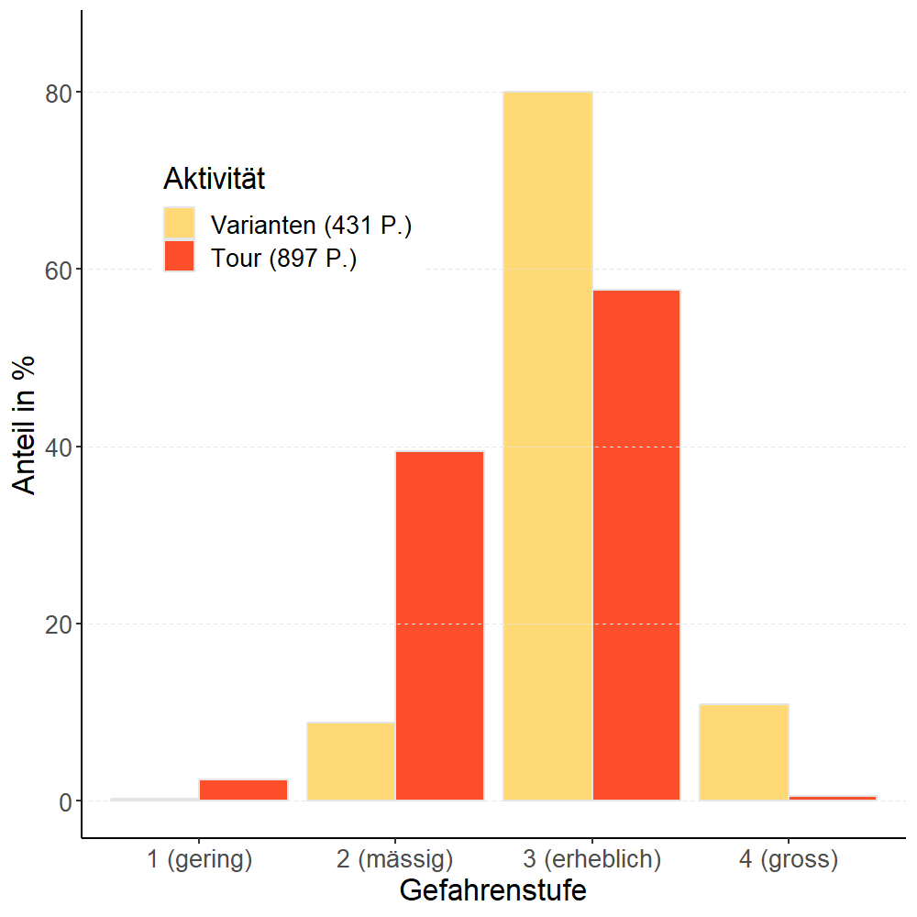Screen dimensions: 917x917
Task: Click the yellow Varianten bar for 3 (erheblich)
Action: point(547,446)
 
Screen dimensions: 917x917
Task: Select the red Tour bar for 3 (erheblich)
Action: point(636,545)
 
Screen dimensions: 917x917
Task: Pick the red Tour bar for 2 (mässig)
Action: point(439,625)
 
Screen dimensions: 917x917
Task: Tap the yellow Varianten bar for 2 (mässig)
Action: point(350,761)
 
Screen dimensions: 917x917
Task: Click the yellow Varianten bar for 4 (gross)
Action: point(744,752)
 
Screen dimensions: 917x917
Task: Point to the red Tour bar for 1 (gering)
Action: point(243,790)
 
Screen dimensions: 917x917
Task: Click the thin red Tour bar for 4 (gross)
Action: point(833,798)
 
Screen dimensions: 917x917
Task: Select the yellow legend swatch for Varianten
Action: point(180,223)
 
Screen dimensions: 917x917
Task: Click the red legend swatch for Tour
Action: point(180,257)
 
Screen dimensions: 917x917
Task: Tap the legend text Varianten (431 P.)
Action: point(311,225)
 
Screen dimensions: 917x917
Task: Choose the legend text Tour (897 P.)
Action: point(283,259)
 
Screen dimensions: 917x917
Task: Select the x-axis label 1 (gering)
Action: point(199,859)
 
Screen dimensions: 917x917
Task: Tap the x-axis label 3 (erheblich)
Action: point(591,859)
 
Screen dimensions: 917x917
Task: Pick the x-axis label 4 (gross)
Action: point(788,859)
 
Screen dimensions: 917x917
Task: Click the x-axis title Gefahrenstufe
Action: point(492,890)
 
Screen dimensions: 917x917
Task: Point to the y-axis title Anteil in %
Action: point(26,424)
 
